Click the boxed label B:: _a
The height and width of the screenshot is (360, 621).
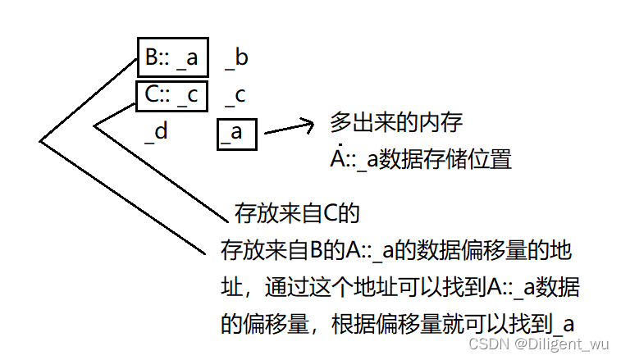(x=172, y=58)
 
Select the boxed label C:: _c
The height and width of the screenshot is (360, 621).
(x=172, y=95)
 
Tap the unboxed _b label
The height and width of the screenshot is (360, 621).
(x=236, y=57)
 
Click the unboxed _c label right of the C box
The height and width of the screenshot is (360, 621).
(x=235, y=95)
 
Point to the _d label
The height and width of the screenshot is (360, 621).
(x=156, y=131)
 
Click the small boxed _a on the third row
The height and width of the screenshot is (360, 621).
(x=237, y=132)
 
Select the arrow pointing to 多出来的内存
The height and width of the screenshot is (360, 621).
(x=288, y=127)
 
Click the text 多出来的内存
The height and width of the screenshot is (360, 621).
(x=397, y=124)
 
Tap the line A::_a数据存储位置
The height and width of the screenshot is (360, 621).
(x=421, y=159)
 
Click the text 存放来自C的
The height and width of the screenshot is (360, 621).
(x=298, y=214)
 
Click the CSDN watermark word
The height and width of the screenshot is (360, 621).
(x=492, y=344)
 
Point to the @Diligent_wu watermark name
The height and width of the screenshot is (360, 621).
(x=563, y=344)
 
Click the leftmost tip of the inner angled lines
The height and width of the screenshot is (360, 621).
(x=95, y=125)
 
